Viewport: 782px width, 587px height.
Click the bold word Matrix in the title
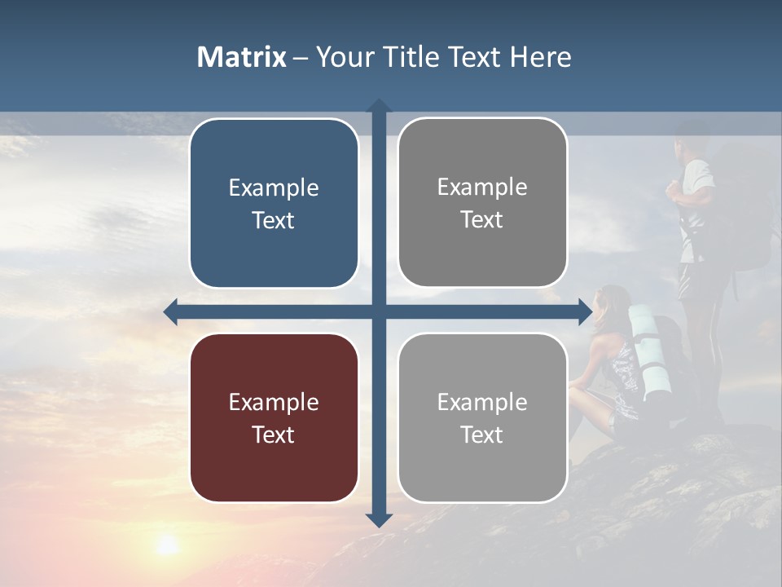tap(241, 57)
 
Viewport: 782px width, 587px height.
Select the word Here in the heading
tap(540, 57)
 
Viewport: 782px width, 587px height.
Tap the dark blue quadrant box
tap(274, 203)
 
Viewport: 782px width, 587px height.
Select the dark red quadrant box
tap(274, 417)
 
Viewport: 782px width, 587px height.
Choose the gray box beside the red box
tap(482, 417)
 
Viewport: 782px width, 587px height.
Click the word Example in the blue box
tap(274, 188)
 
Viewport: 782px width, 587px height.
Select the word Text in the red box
tap(274, 435)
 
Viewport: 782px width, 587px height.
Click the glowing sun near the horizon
tap(167, 545)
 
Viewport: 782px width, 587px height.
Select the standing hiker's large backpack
tap(741, 212)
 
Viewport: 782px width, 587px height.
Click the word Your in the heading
tap(341, 57)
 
